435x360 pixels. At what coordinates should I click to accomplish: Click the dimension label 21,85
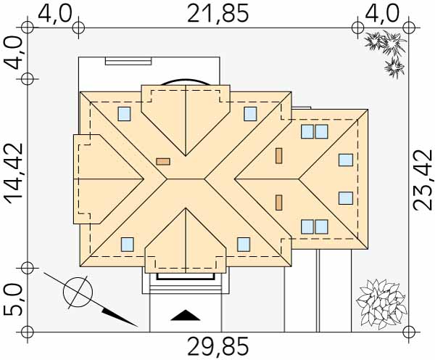[217, 14]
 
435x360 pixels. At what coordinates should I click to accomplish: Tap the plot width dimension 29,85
[217, 346]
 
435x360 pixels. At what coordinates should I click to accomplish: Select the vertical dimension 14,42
[13, 174]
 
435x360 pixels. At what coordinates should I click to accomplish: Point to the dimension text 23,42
[423, 180]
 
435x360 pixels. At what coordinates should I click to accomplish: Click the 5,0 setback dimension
[13, 300]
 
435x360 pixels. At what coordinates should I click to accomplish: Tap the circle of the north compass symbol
[78, 292]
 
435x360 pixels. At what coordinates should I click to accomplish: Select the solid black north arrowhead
[120, 316]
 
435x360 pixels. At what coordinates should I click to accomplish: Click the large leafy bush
[381, 304]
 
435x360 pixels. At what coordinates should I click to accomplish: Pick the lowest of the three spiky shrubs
[394, 67]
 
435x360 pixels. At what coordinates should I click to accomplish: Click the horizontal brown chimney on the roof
[163, 162]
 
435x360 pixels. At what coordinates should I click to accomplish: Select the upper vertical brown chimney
[279, 155]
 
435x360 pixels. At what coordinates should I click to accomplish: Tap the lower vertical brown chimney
[279, 202]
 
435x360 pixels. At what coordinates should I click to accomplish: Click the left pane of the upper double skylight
[307, 131]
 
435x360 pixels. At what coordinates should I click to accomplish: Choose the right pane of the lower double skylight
[321, 226]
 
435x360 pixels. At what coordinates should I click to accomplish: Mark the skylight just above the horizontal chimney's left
[124, 114]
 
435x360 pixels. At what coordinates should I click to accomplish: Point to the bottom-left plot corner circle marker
[28, 332]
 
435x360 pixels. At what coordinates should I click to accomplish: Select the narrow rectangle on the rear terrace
[128, 61]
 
